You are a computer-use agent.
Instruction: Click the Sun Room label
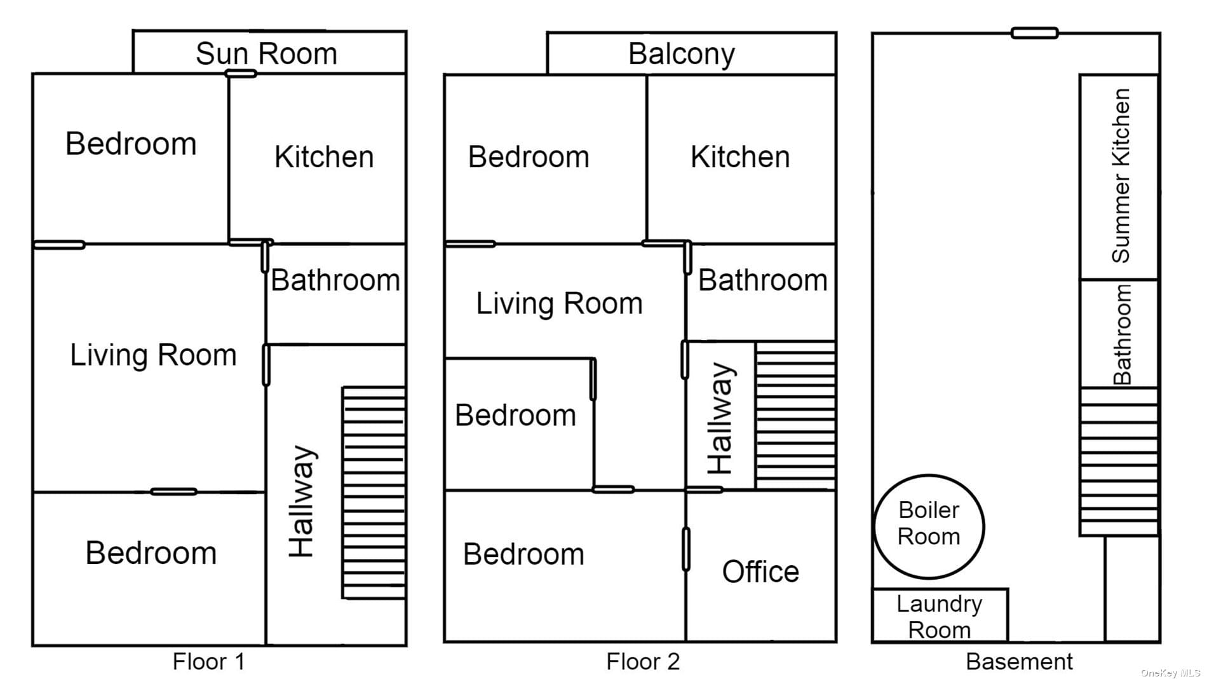pos(266,53)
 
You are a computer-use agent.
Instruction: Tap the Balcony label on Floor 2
pos(682,55)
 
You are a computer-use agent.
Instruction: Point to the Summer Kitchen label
pos(1121,175)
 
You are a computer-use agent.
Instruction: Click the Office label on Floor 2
pos(760,572)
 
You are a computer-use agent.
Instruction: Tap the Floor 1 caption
pos(208,661)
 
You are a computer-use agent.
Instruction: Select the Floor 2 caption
pos(643,661)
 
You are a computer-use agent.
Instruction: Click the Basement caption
pos(1019,661)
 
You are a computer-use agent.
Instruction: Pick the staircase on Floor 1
pos(374,493)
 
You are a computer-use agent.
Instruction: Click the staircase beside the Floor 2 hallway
pos(795,416)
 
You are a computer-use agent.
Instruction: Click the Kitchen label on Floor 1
pos(324,157)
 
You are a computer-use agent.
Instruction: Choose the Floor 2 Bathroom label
pos(763,280)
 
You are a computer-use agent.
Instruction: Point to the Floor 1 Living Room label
pos(153,355)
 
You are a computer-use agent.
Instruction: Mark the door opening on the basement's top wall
pos(1035,32)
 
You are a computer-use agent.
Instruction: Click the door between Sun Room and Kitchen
pos(241,74)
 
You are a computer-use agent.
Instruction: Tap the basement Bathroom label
pos(1123,334)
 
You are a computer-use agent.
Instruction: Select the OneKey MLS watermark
pos(1170,673)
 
